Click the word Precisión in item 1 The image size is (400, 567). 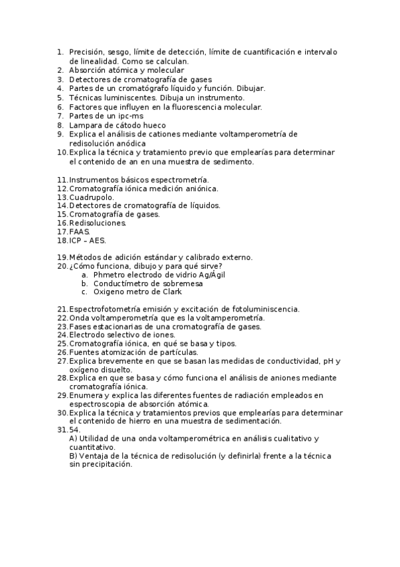[87, 51]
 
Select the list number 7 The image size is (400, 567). [60, 116]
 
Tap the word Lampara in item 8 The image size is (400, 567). [85, 125]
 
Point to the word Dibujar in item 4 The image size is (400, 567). [250, 88]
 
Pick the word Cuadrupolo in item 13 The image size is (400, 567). [91, 197]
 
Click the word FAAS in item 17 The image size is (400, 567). [79, 231]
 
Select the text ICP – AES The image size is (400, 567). [87, 241]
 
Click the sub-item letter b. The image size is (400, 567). [84, 283]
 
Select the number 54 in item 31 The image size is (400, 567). [74, 430]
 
